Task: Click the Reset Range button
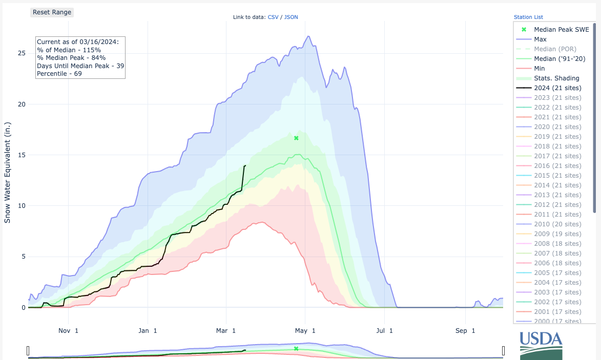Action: point(52,12)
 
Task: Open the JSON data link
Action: point(291,17)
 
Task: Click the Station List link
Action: point(528,17)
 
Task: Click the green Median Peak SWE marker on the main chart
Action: point(296,138)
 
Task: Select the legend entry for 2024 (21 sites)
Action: point(557,88)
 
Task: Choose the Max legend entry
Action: point(540,39)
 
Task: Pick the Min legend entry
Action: point(540,69)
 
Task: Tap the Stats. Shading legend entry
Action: point(556,78)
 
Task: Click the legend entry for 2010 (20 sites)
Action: point(557,224)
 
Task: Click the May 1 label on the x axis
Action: point(306,331)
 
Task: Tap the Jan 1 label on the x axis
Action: point(148,331)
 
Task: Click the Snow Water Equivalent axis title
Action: point(8,172)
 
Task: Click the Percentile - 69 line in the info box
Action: point(59,74)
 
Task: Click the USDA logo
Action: point(541,344)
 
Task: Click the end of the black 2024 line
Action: point(245,165)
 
